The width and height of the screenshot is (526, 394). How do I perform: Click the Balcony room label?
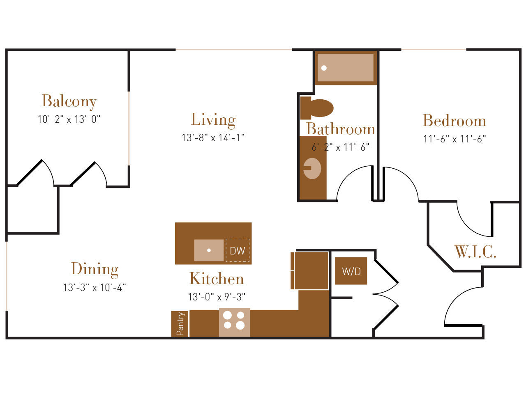point(69,101)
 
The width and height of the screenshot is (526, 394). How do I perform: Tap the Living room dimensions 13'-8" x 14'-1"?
point(213,137)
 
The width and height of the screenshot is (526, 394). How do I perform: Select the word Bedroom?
point(454,120)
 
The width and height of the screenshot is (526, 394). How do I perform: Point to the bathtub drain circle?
point(324,68)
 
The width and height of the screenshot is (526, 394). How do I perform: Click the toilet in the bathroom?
point(316,108)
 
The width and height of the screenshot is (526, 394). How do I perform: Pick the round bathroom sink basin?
point(312,168)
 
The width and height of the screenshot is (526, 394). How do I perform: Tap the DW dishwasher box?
point(238,250)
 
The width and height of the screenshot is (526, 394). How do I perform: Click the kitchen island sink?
point(209,250)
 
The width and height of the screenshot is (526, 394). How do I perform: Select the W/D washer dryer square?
point(351,271)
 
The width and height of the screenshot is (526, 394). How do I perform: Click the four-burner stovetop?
point(234,322)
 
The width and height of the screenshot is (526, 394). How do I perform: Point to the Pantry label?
point(180,324)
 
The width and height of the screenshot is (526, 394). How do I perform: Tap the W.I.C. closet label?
point(475,252)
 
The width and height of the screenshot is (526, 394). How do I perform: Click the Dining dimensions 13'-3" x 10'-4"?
point(95,287)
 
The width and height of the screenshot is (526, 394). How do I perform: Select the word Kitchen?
point(217,278)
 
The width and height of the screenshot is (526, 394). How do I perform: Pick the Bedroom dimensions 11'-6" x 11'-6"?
point(454,139)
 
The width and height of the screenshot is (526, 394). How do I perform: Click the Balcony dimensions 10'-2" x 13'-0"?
point(69,119)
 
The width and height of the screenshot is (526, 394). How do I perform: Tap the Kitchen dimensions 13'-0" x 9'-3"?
point(217,297)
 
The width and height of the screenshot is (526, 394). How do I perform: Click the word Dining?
point(95,269)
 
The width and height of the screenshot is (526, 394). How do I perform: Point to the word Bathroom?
point(341,129)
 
